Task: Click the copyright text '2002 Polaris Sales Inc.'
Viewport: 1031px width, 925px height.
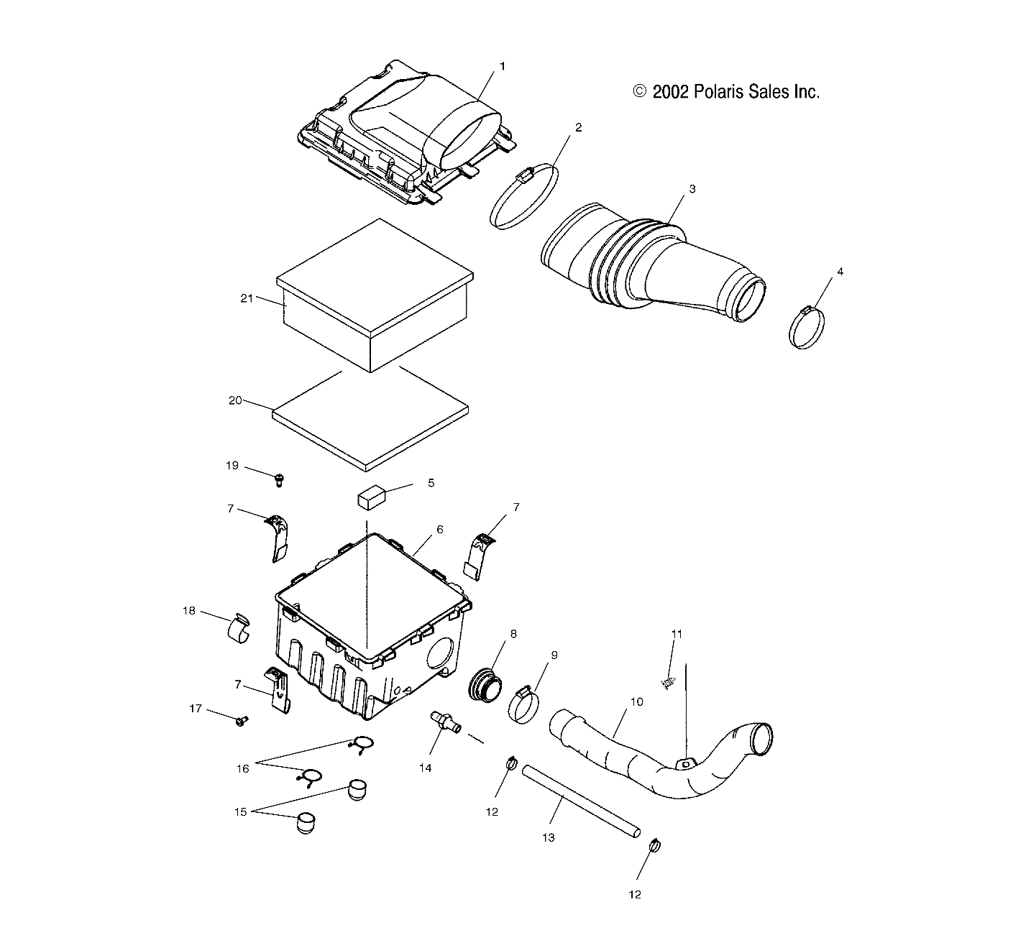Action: click(x=726, y=92)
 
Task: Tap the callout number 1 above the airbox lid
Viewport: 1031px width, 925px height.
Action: click(x=503, y=66)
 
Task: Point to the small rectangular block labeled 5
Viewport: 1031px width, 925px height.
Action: click(x=371, y=497)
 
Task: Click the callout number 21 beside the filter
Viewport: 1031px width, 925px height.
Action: click(x=247, y=298)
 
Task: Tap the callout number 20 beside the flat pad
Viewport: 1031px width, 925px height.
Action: click(x=235, y=400)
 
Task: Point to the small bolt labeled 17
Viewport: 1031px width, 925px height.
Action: click(x=241, y=719)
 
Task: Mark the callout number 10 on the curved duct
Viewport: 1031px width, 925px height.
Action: click(x=637, y=701)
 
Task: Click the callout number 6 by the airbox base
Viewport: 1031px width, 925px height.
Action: click(x=439, y=530)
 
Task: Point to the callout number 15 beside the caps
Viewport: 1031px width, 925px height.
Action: click(x=240, y=811)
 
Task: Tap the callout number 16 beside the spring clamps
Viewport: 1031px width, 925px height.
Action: click(x=243, y=769)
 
